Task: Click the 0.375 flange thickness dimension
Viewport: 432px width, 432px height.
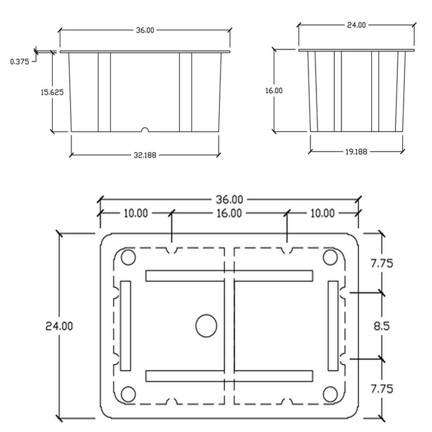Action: click(19, 61)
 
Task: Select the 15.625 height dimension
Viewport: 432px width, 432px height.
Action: click(52, 92)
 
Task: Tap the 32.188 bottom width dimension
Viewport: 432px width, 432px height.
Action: click(145, 155)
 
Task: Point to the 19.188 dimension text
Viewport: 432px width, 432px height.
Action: click(356, 152)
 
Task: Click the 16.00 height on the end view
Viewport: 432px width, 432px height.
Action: click(274, 90)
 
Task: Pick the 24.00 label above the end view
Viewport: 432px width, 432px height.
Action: click(356, 25)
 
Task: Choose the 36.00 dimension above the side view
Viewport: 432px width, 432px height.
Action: click(145, 30)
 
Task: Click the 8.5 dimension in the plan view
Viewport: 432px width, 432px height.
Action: click(381, 326)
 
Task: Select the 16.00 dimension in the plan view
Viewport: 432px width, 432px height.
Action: click(229, 213)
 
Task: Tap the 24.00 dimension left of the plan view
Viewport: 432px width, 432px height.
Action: click(59, 326)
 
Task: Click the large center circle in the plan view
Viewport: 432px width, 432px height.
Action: click(206, 326)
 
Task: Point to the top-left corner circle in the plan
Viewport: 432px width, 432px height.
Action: click(128, 257)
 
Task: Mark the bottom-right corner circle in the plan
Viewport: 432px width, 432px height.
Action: click(330, 394)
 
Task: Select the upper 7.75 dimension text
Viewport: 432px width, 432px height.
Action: click(382, 264)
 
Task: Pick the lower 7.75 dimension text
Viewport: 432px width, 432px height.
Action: click(382, 389)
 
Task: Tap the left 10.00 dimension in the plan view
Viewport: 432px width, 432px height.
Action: click(136, 213)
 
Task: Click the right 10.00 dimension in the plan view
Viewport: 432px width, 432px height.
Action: click(322, 213)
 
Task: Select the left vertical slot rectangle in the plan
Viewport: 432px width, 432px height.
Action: click(126, 326)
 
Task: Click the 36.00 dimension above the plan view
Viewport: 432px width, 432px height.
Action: click(229, 200)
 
